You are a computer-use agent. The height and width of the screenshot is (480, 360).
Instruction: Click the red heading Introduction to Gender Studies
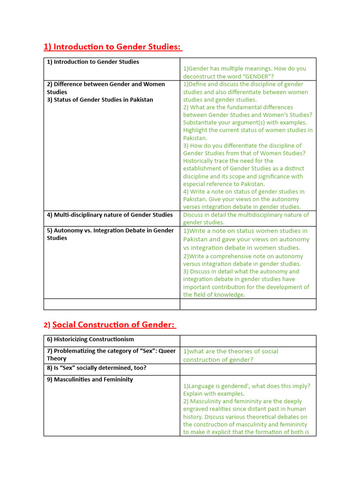(112, 47)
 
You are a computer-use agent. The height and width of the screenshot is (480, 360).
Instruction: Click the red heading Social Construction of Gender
(114, 324)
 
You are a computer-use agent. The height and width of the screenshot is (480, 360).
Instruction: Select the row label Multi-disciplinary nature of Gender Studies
(110, 215)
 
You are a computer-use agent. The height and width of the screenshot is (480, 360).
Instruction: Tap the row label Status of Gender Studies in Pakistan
(100, 99)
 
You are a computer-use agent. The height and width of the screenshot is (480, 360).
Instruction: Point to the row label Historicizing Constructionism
(90, 339)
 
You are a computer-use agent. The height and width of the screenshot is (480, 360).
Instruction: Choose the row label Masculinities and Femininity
(90, 379)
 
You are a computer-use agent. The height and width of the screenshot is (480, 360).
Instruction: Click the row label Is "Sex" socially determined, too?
(96, 367)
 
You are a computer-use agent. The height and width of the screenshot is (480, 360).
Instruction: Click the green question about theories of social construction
(230, 355)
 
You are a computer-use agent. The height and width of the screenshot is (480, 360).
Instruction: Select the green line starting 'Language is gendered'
(247, 386)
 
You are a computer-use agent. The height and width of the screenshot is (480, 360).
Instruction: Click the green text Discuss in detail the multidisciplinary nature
(246, 215)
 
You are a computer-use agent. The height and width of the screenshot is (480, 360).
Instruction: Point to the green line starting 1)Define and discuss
(243, 84)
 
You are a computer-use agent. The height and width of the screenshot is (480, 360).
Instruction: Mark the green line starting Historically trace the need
(228, 161)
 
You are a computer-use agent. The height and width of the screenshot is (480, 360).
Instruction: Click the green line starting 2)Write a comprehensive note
(243, 256)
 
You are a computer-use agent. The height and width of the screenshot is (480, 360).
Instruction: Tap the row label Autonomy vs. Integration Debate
(110, 230)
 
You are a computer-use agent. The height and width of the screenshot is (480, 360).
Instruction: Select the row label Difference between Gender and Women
(105, 84)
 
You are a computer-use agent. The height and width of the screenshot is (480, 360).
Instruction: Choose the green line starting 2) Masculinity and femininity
(242, 401)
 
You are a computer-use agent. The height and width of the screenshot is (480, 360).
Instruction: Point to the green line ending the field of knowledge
(214, 295)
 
